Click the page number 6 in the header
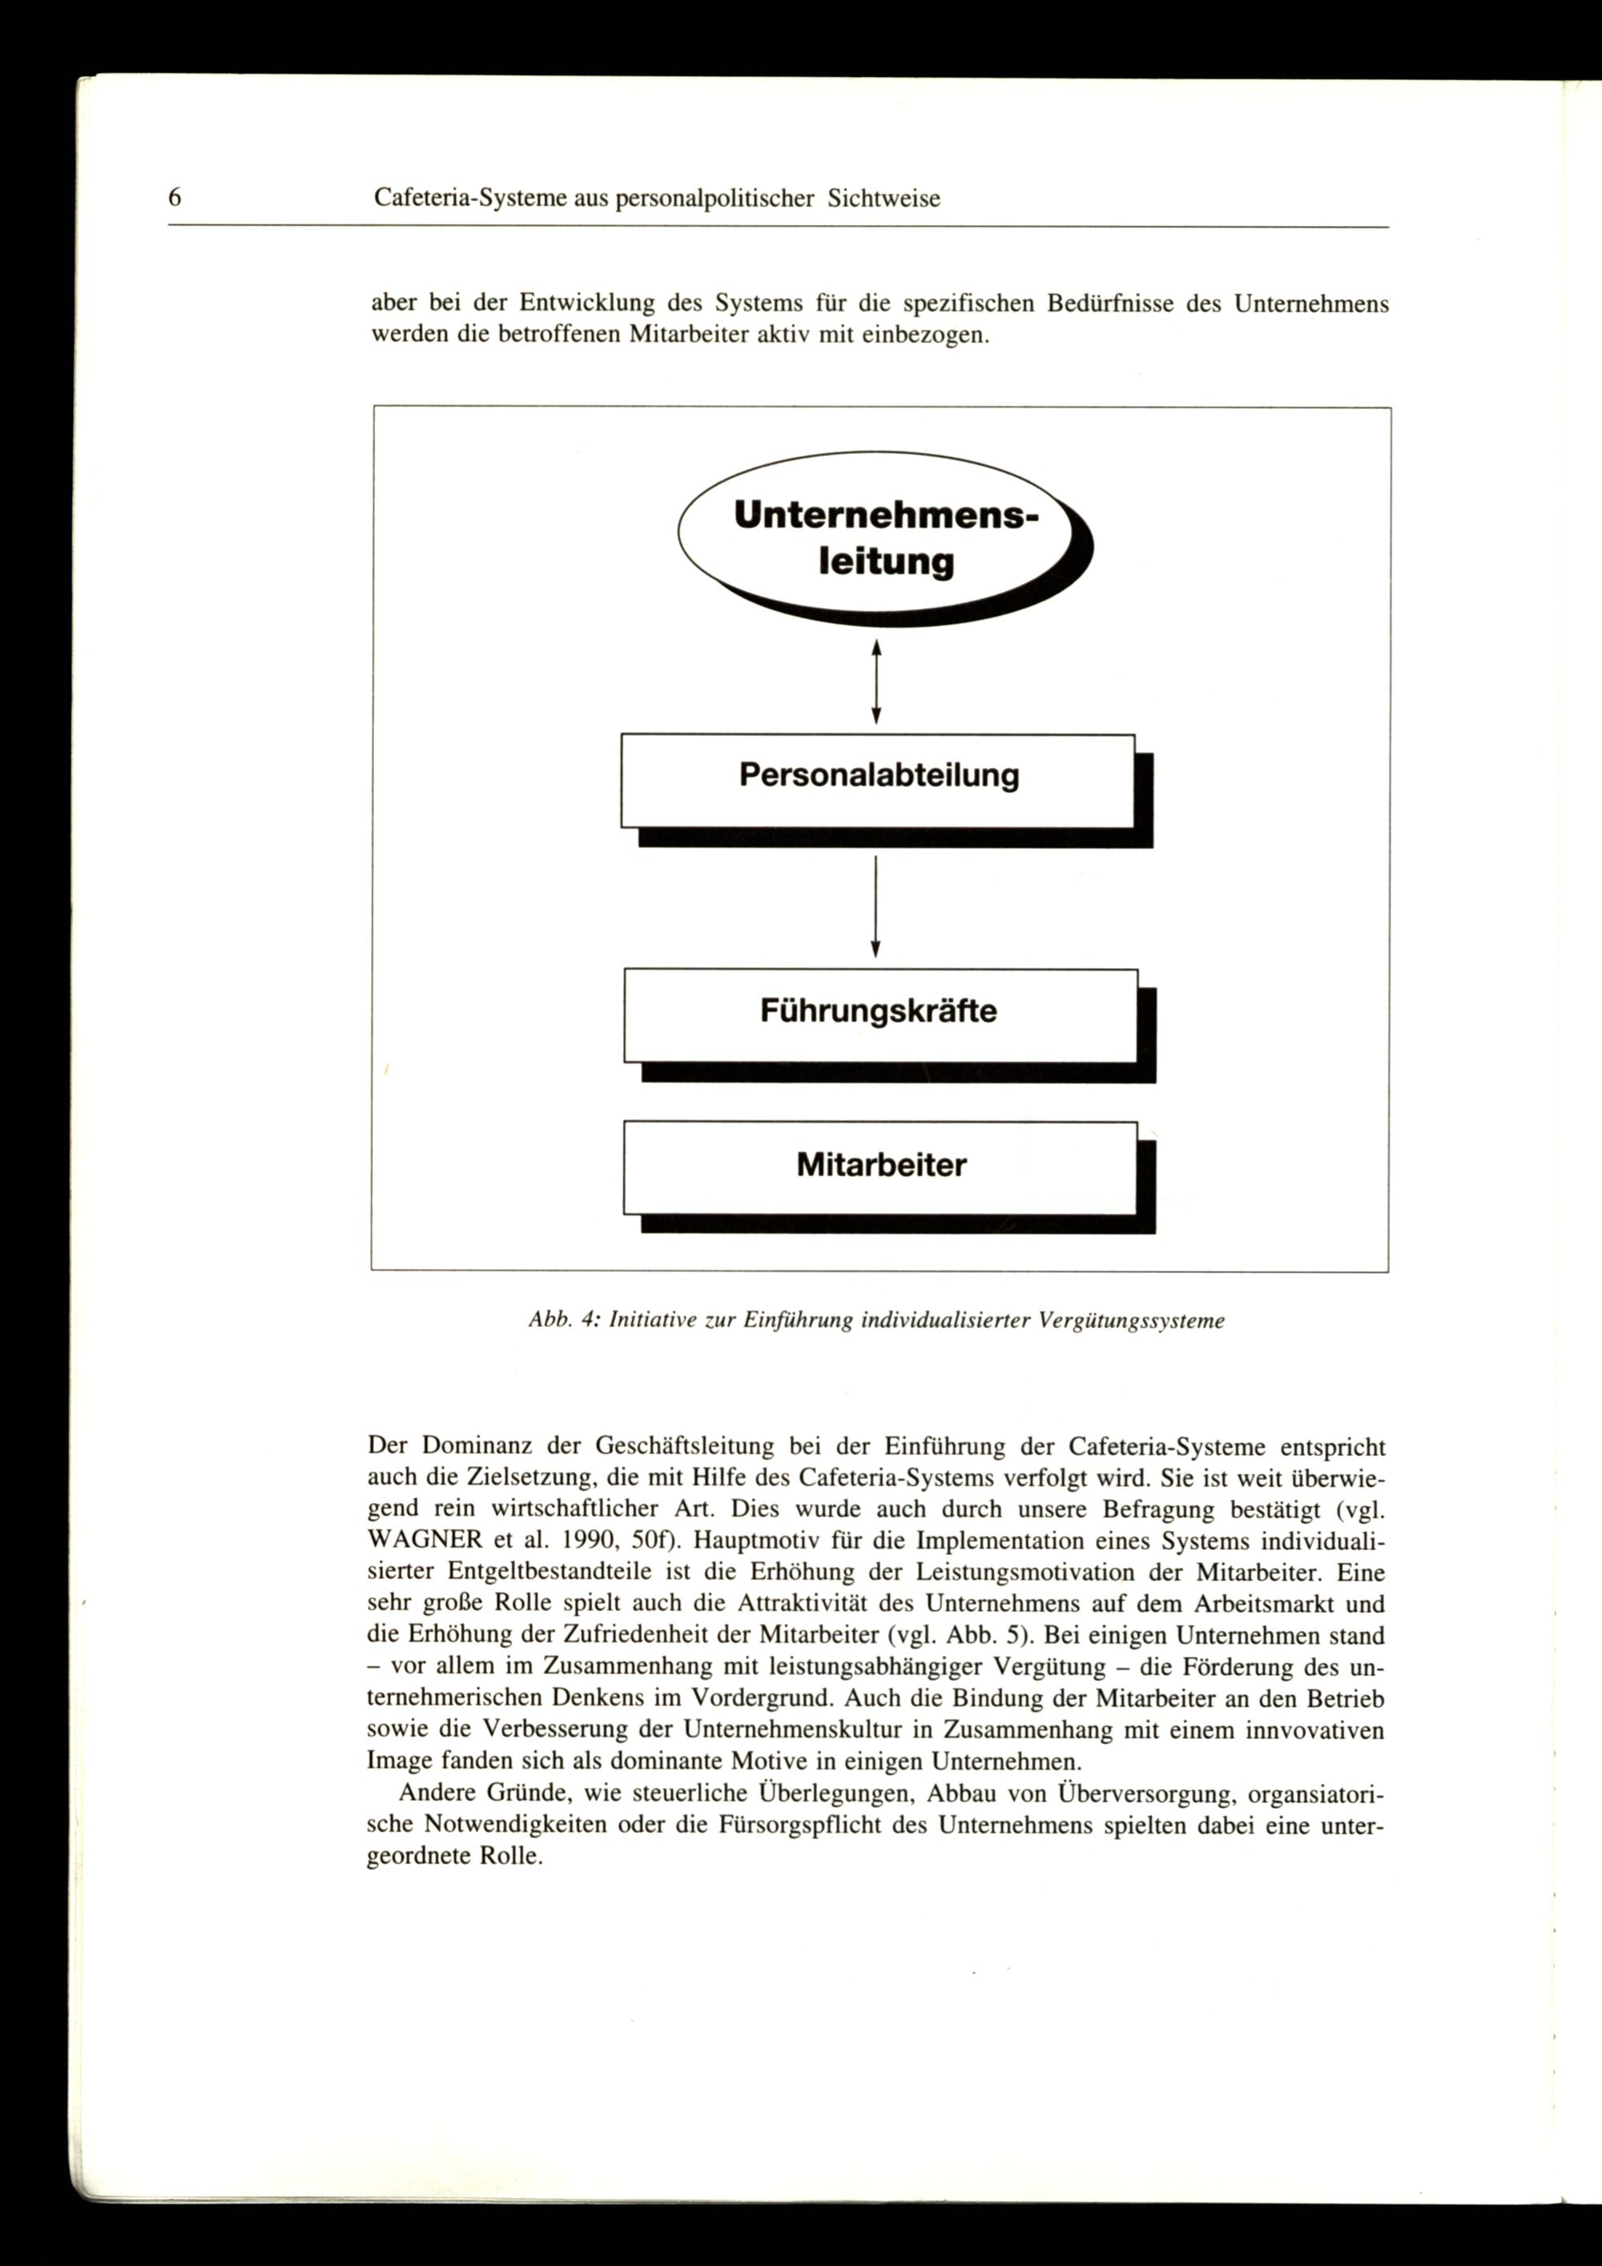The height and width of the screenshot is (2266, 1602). [175, 198]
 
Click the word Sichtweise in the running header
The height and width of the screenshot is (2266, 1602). [884, 199]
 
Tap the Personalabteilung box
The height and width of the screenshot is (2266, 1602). [878, 781]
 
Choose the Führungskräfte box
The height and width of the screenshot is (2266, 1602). [879, 1015]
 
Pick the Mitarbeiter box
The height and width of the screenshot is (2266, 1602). [879, 1167]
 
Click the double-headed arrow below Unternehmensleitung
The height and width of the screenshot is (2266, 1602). [875, 680]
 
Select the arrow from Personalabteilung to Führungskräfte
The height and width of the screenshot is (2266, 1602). [875, 905]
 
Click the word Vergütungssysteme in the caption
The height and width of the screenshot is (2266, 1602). [1133, 1320]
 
